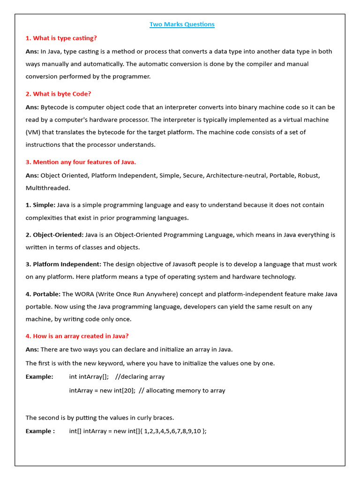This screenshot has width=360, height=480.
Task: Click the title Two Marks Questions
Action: click(x=182, y=24)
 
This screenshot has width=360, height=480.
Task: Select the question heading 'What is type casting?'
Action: click(x=61, y=38)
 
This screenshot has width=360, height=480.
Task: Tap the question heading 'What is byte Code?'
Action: click(x=59, y=94)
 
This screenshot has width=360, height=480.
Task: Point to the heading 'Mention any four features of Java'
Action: click(x=81, y=162)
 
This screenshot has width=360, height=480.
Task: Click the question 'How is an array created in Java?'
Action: click(x=77, y=336)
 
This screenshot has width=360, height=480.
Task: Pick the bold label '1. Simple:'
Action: click(x=40, y=205)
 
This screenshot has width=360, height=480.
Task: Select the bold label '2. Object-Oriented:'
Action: click(x=54, y=235)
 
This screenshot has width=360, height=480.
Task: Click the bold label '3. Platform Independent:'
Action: click(x=63, y=264)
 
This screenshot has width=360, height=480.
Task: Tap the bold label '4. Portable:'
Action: click(x=43, y=294)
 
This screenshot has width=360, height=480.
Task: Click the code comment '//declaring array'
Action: click(x=140, y=377)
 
